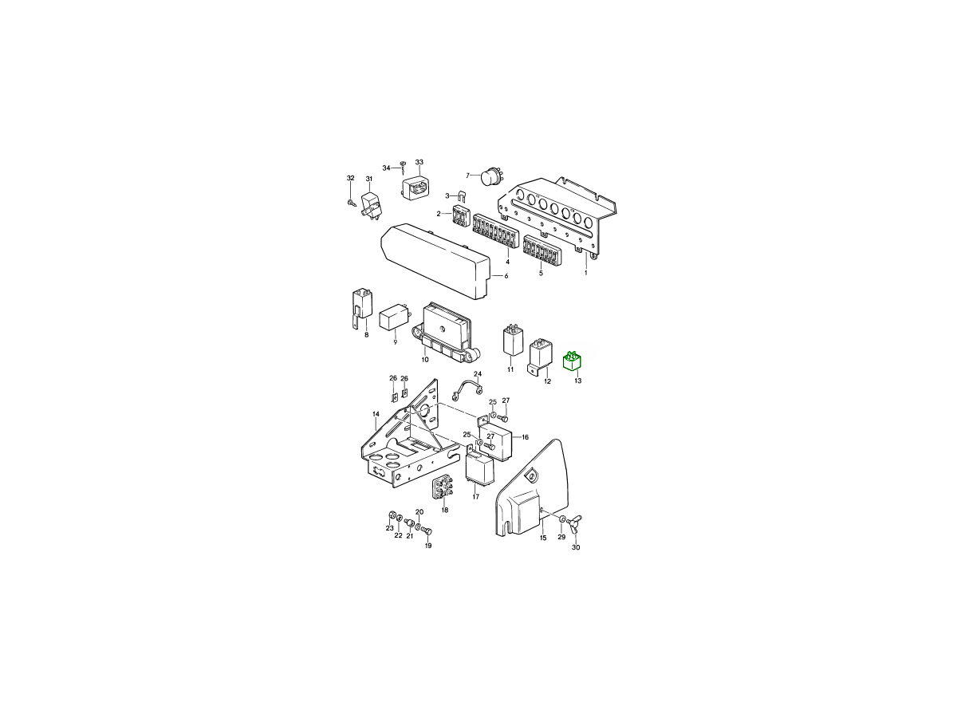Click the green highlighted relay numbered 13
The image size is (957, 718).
(572, 361)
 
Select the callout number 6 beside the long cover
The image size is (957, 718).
(506, 276)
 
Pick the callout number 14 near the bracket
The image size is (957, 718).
(376, 414)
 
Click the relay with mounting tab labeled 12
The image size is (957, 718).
(541, 354)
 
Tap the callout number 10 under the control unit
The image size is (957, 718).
(424, 360)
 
